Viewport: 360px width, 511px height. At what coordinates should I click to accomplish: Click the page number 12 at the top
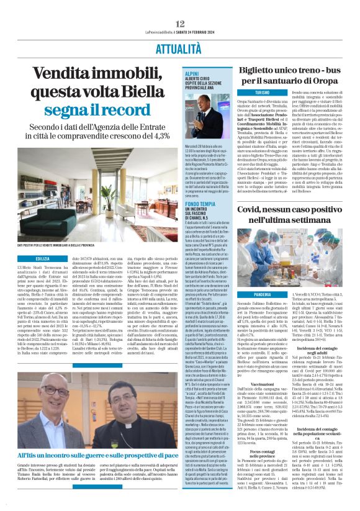(x=179, y=6)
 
